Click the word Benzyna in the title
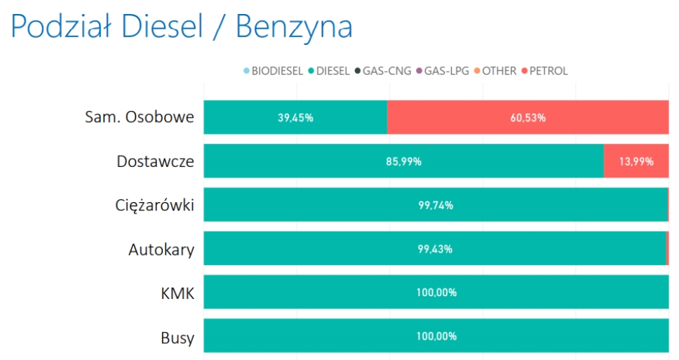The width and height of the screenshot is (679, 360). click(x=293, y=27)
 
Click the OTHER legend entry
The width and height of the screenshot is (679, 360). click(x=499, y=71)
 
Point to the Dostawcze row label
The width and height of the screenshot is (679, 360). click(x=155, y=161)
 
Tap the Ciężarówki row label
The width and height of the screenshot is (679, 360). click(x=154, y=205)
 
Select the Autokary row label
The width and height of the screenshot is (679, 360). click(x=161, y=249)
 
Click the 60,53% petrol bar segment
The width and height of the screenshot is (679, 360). click(x=527, y=117)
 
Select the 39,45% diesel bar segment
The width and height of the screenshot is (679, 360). click(x=295, y=117)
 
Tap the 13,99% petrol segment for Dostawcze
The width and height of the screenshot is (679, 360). click(x=636, y=161)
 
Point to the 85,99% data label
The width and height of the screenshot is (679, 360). click(x=403, y=161)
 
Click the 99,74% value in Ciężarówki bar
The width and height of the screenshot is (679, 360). click(x=435, y=205)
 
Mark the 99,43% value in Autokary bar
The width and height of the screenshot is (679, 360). click(x=434, y=249)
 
